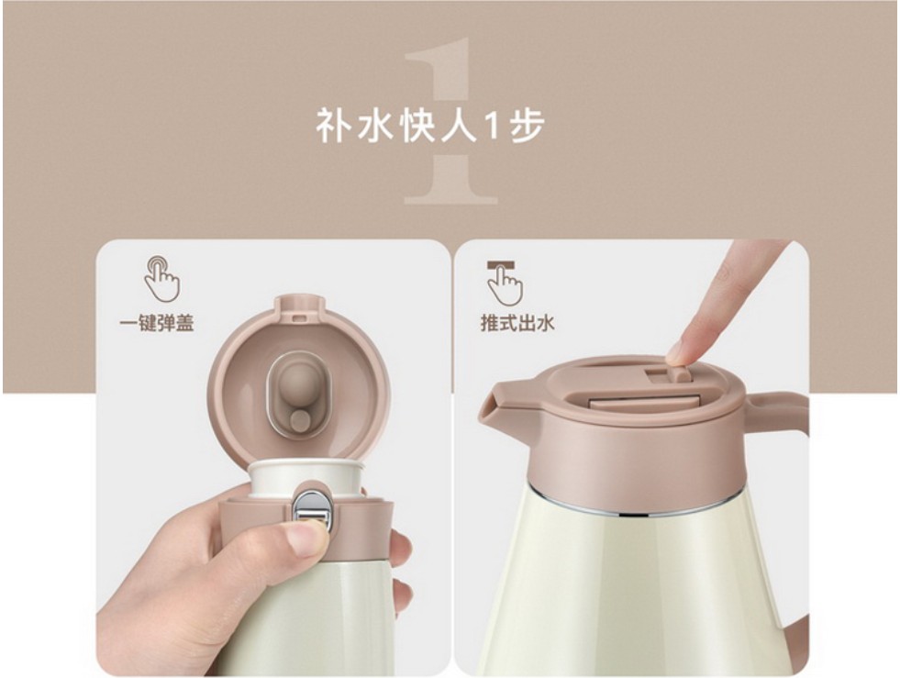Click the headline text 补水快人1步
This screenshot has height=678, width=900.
coord(430,125)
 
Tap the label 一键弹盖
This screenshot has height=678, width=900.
coord(157,324)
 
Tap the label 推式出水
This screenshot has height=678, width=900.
coord(517,323)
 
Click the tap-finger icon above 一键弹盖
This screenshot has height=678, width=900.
coord(161,278)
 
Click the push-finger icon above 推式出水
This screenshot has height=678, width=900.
coord(504,283)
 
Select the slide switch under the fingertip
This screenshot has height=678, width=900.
coord(677,373)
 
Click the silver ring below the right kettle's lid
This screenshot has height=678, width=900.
coord(632,501)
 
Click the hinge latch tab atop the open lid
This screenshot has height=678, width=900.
coord(299,310)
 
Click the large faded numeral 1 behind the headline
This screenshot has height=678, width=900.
coord(450,120)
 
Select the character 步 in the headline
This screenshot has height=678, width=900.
coord(526,125)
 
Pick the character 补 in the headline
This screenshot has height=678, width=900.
coord(333,125)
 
